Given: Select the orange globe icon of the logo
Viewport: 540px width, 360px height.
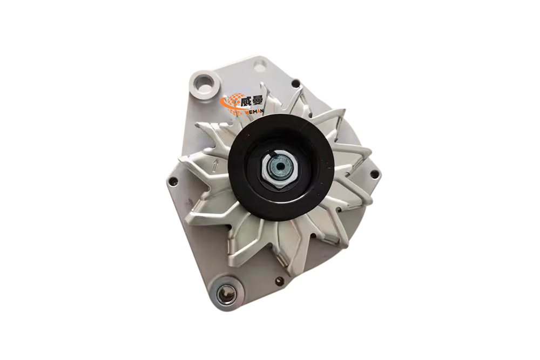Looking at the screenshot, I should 234,103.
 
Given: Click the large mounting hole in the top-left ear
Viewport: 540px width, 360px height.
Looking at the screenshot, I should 205,83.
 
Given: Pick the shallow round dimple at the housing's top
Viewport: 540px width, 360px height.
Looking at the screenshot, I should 259,66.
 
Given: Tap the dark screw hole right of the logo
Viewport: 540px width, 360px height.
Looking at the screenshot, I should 296,83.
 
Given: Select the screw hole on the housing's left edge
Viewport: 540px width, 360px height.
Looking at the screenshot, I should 173,182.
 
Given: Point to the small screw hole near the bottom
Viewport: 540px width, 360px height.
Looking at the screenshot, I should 279,281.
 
